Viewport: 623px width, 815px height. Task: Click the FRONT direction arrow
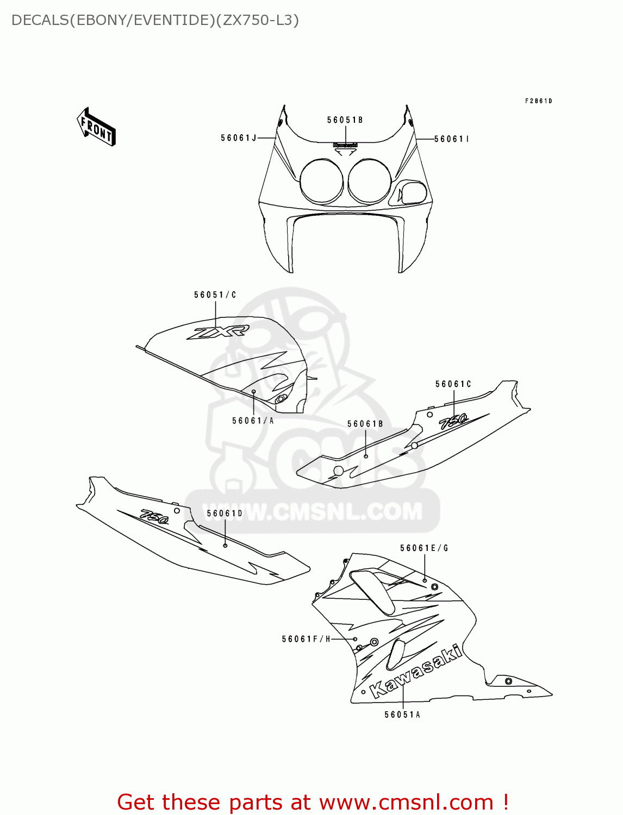coord(96,127)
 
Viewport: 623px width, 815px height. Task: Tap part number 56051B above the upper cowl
coord(345,120)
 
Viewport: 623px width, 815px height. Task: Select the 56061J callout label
coord(239,138)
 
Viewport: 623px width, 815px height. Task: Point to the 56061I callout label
coord(451,139)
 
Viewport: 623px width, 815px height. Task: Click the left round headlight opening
coord(321,181)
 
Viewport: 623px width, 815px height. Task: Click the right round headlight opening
coord(370,181)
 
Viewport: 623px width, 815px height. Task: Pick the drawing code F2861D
coord(538,101)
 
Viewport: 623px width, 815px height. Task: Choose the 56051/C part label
coord(215,295)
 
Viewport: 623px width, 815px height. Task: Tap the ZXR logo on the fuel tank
coord(218,332)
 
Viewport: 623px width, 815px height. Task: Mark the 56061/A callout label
coord(253,421)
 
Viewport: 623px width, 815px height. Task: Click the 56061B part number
coord(365,424)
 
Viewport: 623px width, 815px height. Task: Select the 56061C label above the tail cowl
coord(453,384)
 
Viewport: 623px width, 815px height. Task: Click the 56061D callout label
coord(225,513)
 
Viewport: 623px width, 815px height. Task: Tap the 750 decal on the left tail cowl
coord(154,516)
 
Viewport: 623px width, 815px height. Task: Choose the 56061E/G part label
coord(424,548)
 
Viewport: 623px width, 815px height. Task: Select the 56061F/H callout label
coord(306,639)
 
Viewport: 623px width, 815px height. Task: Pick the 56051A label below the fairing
coord(402,715)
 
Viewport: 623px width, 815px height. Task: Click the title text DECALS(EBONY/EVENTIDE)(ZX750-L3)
coord(155,20)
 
